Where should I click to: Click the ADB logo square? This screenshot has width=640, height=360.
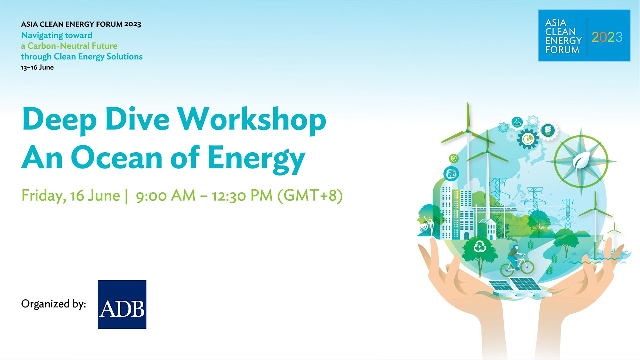click(x=122, y=304)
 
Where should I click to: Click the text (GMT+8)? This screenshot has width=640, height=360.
click(x=310, y=195)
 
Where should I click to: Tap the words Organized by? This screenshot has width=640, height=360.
click(x=54, y=303)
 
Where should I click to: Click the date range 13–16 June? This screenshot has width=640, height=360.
click(x=37, y=67)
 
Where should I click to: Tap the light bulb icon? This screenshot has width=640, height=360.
click(x=548, y=131)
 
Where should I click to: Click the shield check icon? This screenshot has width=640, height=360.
click(x=454, y=158)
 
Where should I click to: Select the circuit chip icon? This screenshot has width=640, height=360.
click(x=451, y=173)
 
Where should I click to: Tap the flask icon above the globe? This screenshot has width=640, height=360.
click(x=516, y=122)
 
